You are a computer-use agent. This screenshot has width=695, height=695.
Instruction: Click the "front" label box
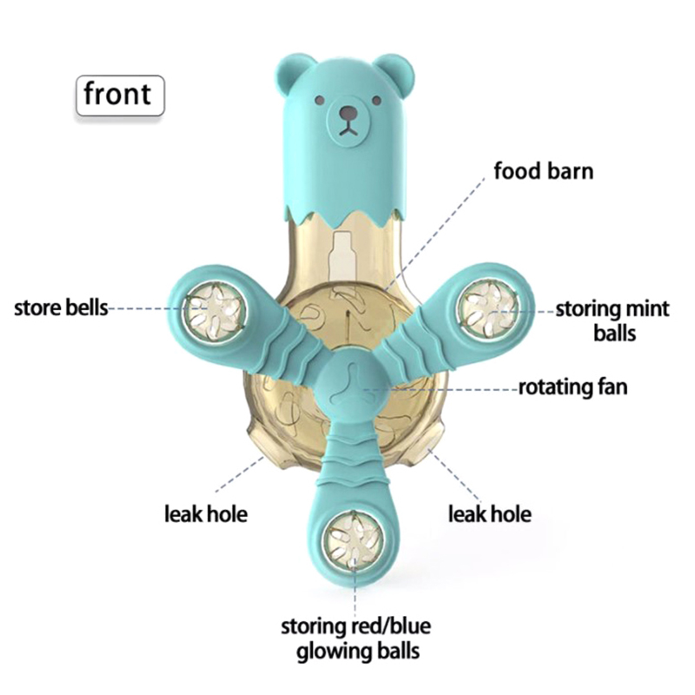click(x=118, y=94)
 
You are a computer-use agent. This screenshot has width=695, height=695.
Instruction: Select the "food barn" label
click(x=543, y=169)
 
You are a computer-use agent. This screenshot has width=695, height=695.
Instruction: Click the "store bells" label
click(x=61, y=308)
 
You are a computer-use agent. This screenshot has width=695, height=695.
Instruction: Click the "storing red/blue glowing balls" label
click(x=356, y=639)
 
